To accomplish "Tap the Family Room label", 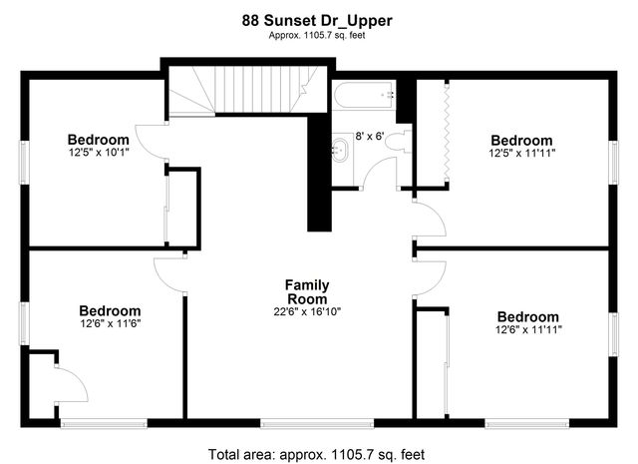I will (308, 291).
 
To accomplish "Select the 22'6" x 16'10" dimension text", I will (308, 312).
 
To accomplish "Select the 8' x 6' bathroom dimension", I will (371, 135).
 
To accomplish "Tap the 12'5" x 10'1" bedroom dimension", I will (99, 153).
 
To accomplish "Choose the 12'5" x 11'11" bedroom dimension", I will (521, 154).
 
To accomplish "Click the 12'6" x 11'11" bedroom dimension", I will (528, 329).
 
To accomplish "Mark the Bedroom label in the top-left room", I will (99, 140).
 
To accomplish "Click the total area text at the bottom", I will (316, 454).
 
